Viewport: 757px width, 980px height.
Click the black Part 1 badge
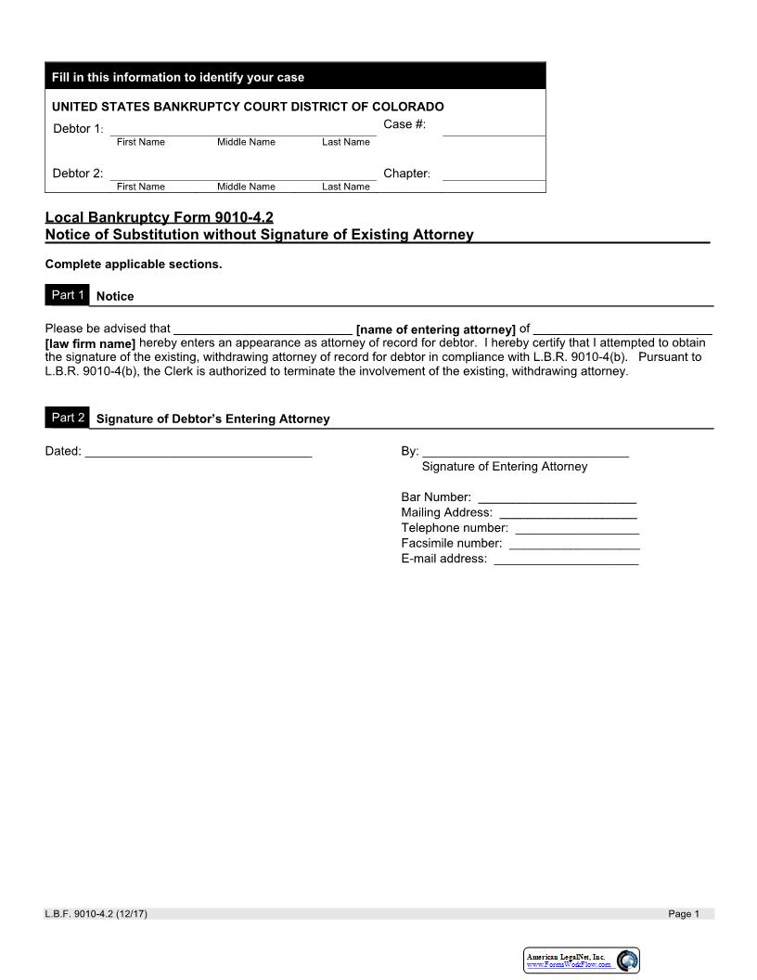pos(68,295)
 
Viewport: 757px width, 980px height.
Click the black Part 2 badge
pos(68,418)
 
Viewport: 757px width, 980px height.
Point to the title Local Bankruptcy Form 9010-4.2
pos(160,218)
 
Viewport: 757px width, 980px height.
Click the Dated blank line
pos(198,452)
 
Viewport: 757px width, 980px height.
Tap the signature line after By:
pos(525,452)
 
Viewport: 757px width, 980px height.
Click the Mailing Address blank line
pos(568,513)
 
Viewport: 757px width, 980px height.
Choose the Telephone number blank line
pos(576,529)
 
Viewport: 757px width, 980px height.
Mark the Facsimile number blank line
pos(574,544)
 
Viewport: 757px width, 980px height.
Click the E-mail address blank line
pos(566,560)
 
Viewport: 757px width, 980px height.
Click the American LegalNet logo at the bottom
pos(582,961)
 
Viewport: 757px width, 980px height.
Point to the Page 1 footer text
pos(684,914)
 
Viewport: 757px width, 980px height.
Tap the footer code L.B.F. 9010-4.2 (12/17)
pos(96,914)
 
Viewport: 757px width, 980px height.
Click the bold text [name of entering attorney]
pos(435,329)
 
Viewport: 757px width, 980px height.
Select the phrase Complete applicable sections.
pos(134,264)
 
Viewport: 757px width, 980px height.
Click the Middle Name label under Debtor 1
pos(246,142)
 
